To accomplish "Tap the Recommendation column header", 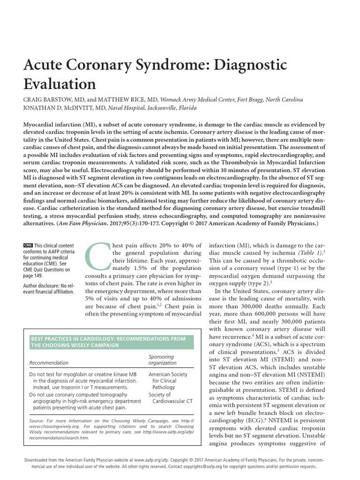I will (49, 362).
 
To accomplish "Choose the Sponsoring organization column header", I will (162, 360).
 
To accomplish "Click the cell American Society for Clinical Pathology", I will (167, 381).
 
